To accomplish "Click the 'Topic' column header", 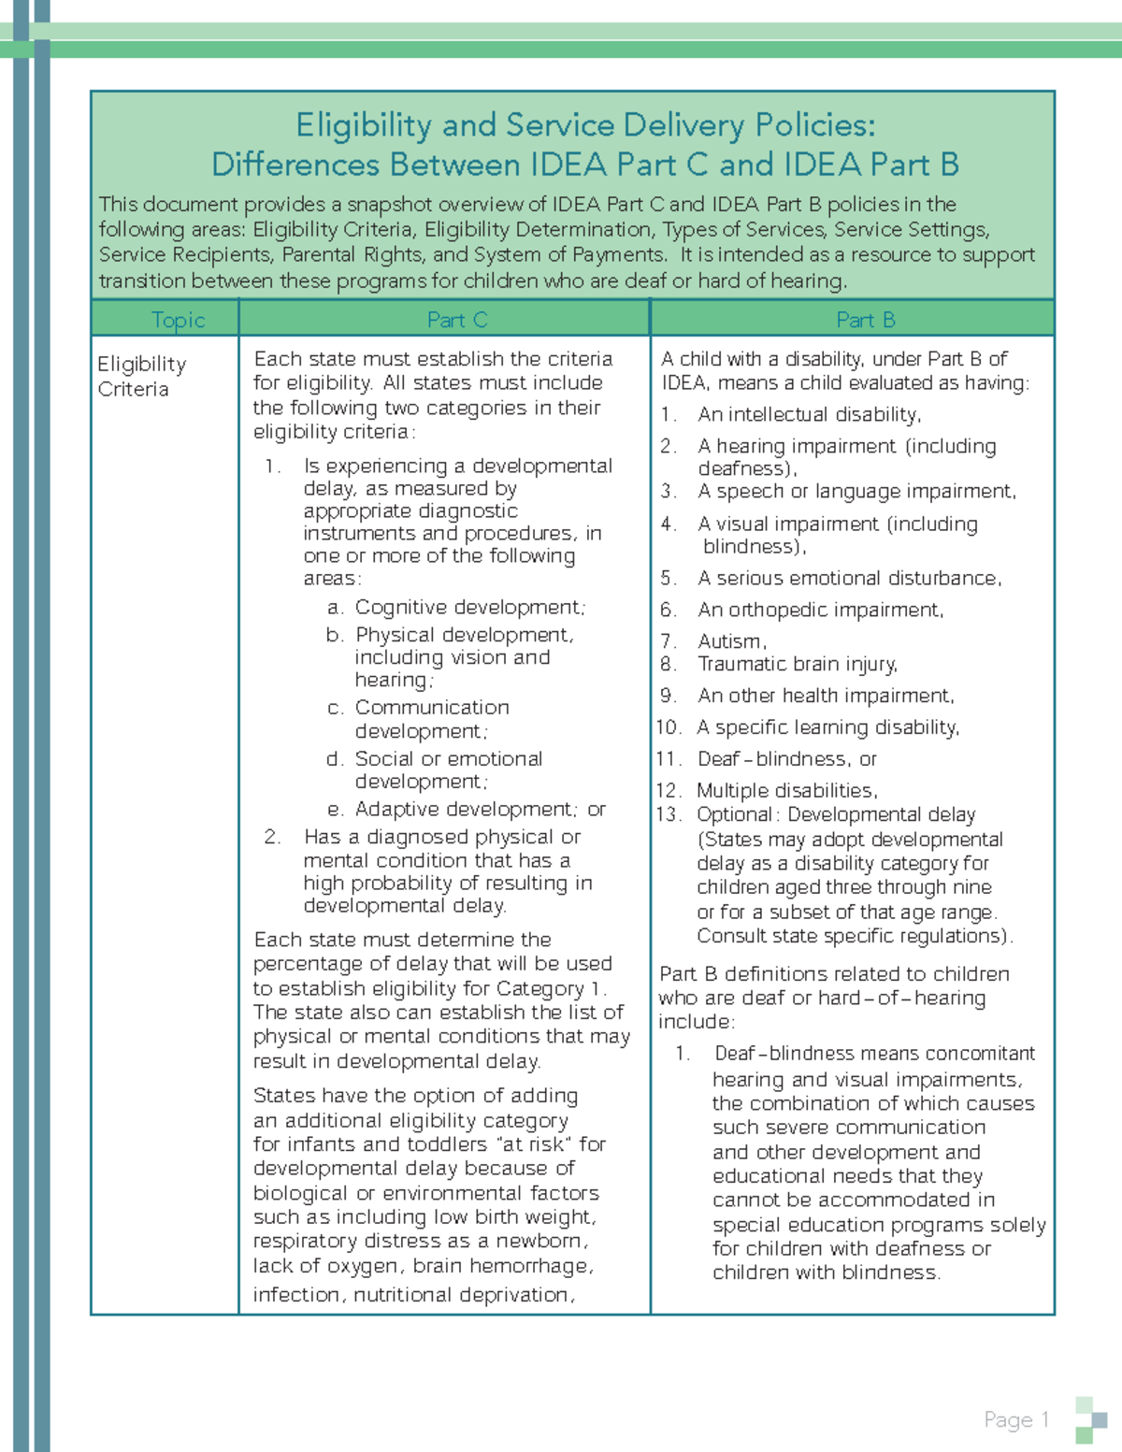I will point(178,320).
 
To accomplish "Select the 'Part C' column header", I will point(457,320).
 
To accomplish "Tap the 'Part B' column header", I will point(865,320).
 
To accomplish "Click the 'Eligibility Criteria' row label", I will point(141,376).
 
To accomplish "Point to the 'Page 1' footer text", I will point(1016,1419).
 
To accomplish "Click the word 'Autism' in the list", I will point(730,641).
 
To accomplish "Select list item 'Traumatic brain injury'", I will point(797,664).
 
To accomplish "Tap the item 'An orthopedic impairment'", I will point(820,610).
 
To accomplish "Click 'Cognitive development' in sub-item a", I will point(469,608).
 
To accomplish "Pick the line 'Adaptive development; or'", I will point(480,809).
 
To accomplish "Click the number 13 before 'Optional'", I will point(669,814).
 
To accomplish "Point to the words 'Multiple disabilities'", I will point(785,791).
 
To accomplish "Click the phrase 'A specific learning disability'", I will point(827,727).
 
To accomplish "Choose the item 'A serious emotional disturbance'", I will point(848,578).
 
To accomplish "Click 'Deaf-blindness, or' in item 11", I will point(786,759).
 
